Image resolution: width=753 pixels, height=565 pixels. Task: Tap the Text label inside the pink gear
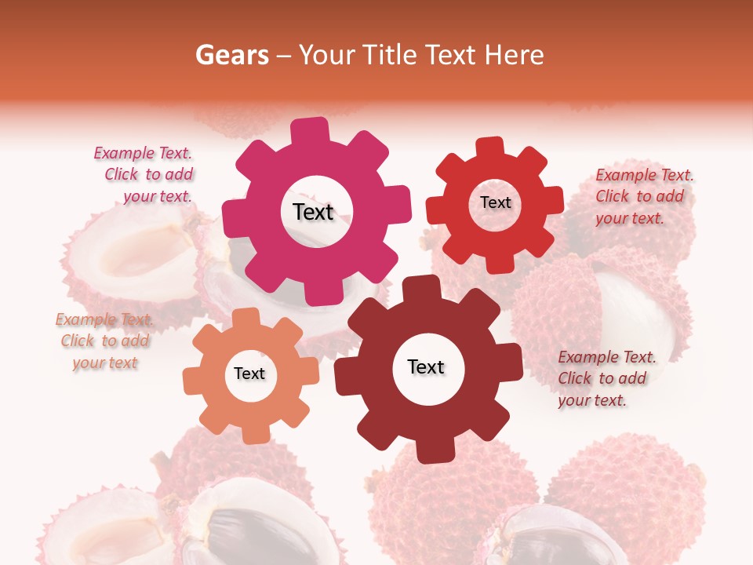coord(313,212)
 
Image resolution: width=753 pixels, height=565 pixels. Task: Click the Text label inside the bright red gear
coord(495,202)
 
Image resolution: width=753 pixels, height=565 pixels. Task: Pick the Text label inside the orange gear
coord(249,374)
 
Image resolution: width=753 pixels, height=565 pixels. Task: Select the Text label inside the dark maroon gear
coord(426,367)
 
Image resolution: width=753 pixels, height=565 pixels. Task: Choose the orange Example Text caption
coord(104,341)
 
